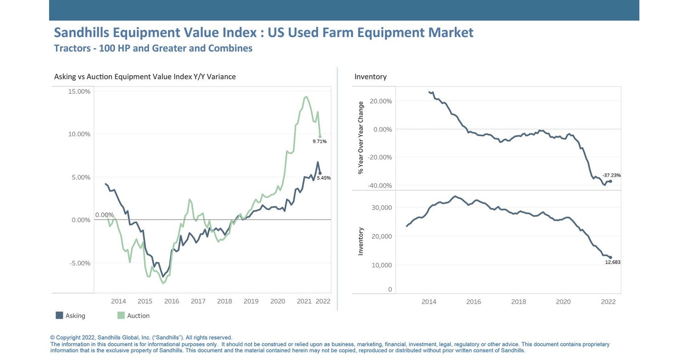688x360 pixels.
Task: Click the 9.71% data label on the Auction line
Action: click(319, 141)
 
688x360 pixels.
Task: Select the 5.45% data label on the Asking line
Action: click(323, 178)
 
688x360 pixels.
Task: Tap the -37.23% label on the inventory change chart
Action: click(611, 175)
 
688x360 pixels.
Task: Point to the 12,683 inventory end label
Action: click(613, 262)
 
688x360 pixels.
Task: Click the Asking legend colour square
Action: click(59, 316)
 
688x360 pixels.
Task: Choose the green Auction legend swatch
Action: click(121, 316)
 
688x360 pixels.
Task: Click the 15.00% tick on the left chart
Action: click(79, 91)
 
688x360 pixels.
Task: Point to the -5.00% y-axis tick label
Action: click(80, 263)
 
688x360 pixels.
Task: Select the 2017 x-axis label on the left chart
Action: click(198, 301)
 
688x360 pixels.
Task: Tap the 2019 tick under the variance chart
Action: click(251, 301)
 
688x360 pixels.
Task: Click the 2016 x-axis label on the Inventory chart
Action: click(473, 302)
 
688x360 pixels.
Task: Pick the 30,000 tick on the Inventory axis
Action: click(381, 207)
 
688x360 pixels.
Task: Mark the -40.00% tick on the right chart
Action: click(380, 185)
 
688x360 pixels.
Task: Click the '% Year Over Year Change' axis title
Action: click(361, 138)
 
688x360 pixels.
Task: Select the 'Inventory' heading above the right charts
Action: click(370, 77)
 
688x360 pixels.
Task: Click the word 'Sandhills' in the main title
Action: click(82, 33)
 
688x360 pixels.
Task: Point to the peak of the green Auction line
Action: click(306, 97)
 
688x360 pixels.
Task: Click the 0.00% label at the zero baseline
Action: click(104, 215)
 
